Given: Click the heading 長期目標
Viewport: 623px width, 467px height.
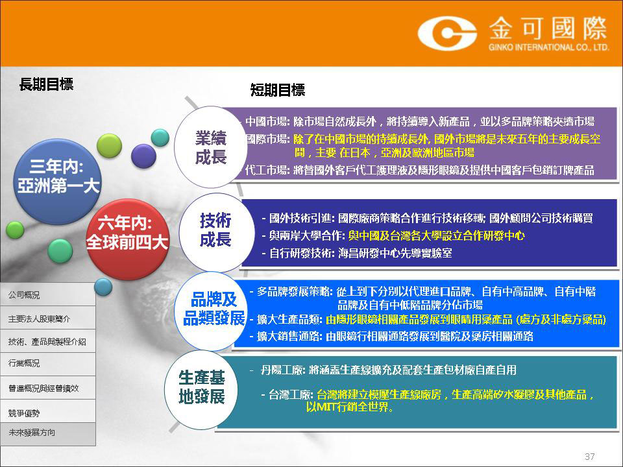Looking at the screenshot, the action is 47,84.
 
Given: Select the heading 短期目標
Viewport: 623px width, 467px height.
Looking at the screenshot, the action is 278,90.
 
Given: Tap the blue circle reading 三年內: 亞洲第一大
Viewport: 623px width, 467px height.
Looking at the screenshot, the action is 58,182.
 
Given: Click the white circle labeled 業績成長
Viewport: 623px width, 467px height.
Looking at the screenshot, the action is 211,147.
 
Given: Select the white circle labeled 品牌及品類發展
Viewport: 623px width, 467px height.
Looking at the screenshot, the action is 214,311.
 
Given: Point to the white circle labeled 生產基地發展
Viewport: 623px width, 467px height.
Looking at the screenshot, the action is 202,390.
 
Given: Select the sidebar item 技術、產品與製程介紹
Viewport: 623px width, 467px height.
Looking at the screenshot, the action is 47,341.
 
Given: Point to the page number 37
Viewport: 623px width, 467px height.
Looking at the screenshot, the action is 590,456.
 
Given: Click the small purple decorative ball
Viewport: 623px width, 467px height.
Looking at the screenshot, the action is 143,156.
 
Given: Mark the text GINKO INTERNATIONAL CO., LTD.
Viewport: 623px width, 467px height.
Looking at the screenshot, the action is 549,47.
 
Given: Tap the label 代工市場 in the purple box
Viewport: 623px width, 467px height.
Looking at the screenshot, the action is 267,171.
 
